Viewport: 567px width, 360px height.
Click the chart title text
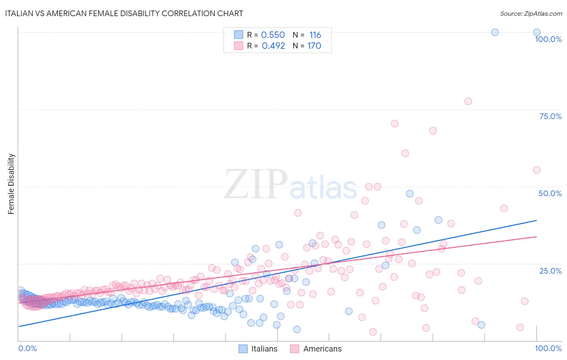point(124,13)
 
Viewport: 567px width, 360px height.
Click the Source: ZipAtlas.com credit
point(531,13)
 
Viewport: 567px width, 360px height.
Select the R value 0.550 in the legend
point(273,35)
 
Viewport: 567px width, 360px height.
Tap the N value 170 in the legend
point(314,46)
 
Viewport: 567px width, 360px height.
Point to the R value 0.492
point(273,46)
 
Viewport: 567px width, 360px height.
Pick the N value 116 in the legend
point(315,35)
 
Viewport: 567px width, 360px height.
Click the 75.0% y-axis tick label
point(550,116)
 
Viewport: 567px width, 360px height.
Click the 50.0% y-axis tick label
point(550,193)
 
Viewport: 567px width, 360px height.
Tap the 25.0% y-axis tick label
point(550,271)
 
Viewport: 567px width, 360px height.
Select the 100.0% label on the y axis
point(548,39)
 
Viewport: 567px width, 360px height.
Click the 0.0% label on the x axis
point(27,348)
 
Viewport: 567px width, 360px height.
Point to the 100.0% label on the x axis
point(548,348)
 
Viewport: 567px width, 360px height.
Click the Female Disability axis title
point(11,184)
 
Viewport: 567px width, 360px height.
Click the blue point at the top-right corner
point(537,32)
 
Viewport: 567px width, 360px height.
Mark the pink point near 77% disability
point(468,101)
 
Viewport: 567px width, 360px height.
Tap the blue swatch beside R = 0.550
point(239,35)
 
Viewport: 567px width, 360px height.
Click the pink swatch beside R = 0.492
point(239,46)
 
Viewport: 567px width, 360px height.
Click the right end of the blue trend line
point(536,220)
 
